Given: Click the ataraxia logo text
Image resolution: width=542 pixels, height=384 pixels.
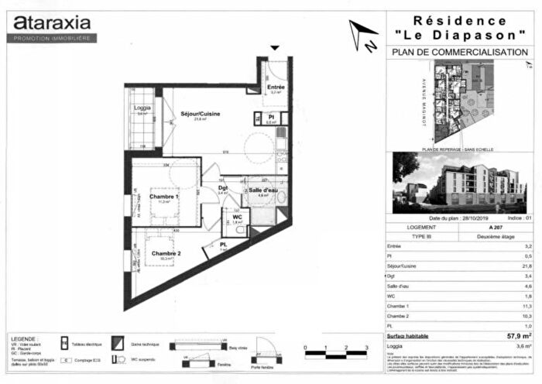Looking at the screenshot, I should [x=51, y=23].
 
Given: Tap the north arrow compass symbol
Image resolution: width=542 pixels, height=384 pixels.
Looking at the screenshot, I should [x=362, y=35].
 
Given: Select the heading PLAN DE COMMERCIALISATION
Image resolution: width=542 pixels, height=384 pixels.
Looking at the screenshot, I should [x=460, y=53].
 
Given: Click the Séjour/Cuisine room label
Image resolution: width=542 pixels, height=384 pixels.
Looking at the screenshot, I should [x=201, y=114].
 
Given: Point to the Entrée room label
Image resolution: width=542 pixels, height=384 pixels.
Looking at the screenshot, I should [x=276, y=87].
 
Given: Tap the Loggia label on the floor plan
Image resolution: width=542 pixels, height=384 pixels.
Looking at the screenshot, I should [x=142, y=107].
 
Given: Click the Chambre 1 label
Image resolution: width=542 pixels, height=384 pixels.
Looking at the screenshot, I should [x=164, y=196].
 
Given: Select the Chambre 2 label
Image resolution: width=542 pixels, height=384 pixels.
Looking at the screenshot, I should [x=166, y=253].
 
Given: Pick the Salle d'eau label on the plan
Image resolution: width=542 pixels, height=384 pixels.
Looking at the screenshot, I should [x=263, y=190].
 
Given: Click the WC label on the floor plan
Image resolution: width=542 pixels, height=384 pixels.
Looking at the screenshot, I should [x=238, y=217].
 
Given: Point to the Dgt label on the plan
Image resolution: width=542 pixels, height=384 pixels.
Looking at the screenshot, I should [x=222, y=187].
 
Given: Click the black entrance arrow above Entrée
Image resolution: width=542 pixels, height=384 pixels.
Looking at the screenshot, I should [x=273, y=48].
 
